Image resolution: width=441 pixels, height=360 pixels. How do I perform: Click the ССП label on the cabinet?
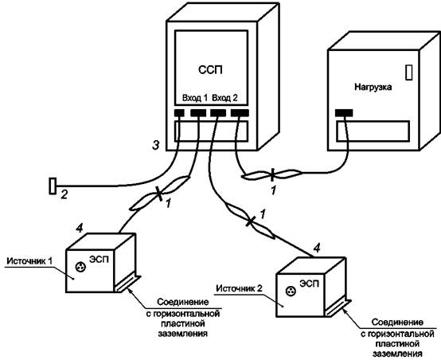[210, 70]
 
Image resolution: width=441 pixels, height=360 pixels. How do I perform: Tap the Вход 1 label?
[195, 98]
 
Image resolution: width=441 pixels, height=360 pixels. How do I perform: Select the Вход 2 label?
[224, 98]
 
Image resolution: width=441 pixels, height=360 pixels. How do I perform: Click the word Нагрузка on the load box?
[373, 87]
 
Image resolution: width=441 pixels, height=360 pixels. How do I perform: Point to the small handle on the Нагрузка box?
[409, 72]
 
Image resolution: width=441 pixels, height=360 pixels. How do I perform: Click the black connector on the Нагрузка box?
[344, 113]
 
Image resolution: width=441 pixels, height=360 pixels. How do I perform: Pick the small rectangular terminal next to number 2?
[53, 186]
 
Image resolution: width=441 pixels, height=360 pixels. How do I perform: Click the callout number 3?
[155, 145]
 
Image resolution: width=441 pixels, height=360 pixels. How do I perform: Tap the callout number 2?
[64, 194]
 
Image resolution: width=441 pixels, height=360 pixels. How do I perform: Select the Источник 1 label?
[29, 261]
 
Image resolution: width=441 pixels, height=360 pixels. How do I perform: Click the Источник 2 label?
[240, 288]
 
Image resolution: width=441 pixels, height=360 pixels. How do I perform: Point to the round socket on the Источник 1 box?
[80, 267]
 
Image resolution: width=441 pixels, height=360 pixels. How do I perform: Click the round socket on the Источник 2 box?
[291, 291]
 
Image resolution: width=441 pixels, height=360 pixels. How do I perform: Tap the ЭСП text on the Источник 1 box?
[99, 259]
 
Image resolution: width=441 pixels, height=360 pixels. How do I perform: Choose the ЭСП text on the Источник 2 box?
[310, 284]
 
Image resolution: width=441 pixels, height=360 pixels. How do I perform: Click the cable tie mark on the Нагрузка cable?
[272, 174]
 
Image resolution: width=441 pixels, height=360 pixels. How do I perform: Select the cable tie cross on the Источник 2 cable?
[250, 221]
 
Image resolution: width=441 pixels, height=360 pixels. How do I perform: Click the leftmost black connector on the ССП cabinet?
[179, 113]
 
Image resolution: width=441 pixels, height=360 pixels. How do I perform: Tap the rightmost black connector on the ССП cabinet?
[240, 113]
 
